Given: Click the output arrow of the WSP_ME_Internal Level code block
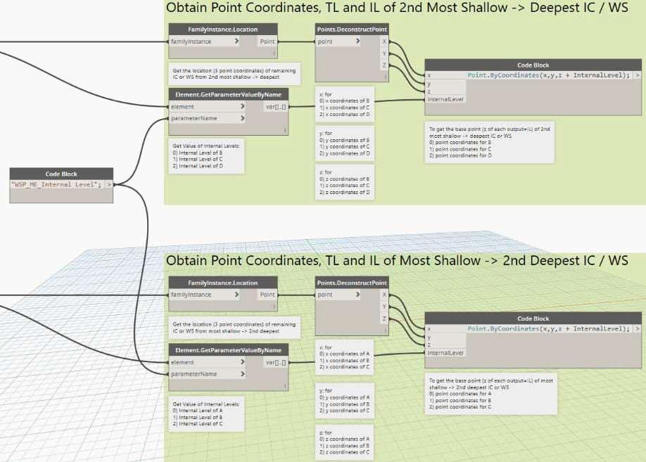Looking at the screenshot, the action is [x=109, y=184].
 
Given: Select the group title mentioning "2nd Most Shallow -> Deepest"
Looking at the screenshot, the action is [x=397, y=9].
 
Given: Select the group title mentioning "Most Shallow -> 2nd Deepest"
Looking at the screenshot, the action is [x=397, y=261].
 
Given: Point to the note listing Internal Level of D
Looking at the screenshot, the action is [x=206, y=157].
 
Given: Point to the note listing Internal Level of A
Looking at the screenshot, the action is [x=206, y=413].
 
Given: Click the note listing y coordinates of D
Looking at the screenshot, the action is [x=345, y=143].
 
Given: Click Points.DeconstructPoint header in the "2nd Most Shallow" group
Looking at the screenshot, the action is [x=352, y=30].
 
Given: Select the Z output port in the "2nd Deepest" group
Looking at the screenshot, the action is [x=384, y=319].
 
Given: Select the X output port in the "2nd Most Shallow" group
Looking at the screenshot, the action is [x=384, y=41].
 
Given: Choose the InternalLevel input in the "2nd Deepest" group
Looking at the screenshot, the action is [x=446, y=352].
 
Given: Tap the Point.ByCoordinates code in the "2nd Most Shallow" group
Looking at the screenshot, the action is [x=548, y=75].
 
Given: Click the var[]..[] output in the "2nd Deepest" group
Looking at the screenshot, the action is [x=275, y=362].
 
